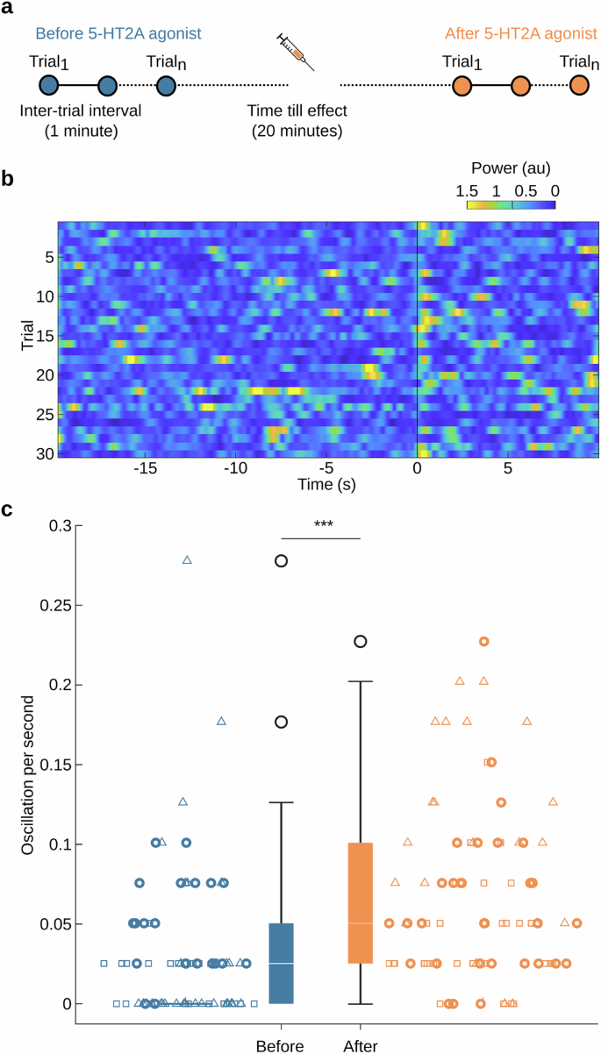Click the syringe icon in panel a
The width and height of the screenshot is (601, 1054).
pyautogui.click(x=295, y=52)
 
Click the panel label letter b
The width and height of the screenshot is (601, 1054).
pyautogui.click(x=8, y=179)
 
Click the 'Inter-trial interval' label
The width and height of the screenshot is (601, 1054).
pyautogui.click(x=80, y=112)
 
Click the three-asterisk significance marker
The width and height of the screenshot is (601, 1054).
pyautogui.click(x=320, y=523)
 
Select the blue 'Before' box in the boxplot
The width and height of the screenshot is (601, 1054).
pyautogui.click(x=281, y=963)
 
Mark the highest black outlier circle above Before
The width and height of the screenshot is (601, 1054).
pyautogui.click(x=282, y=561)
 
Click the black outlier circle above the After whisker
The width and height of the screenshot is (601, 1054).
pyautogui.click(x=360, y=641)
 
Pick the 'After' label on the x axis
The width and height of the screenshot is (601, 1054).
pyautogui.click(x=358, y=1045)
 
